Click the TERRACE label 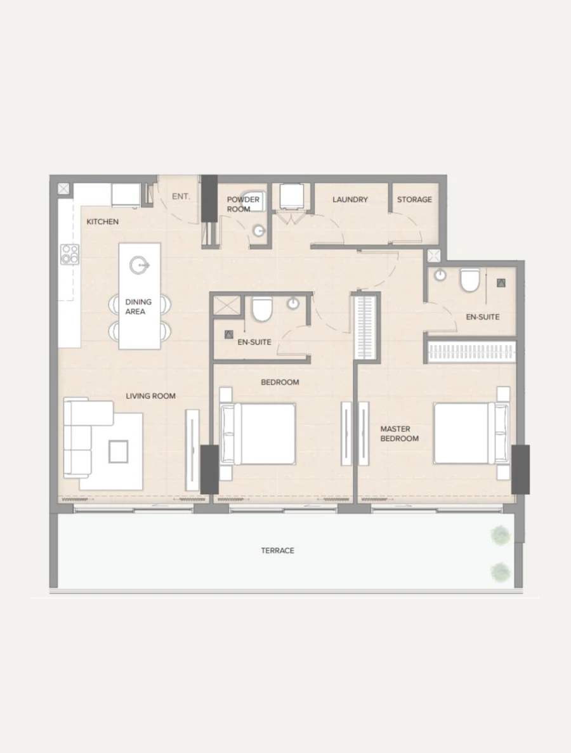tap(277, 551)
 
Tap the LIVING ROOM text tap(150, 396)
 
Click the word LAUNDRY tap(350, 199)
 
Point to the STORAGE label tap(414, 199)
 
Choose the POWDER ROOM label tap(243, 204)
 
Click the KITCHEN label tap(102, 221)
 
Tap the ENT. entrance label tap(181, 197)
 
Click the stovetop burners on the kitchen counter tap(70, 254)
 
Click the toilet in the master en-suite tap(470, 280)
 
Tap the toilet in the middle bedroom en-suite tap(261, 309)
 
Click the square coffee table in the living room tap(118, 451)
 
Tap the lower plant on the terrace tap(500, 572)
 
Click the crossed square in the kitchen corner tap(63, 188)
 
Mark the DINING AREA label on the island tap(138, 307)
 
